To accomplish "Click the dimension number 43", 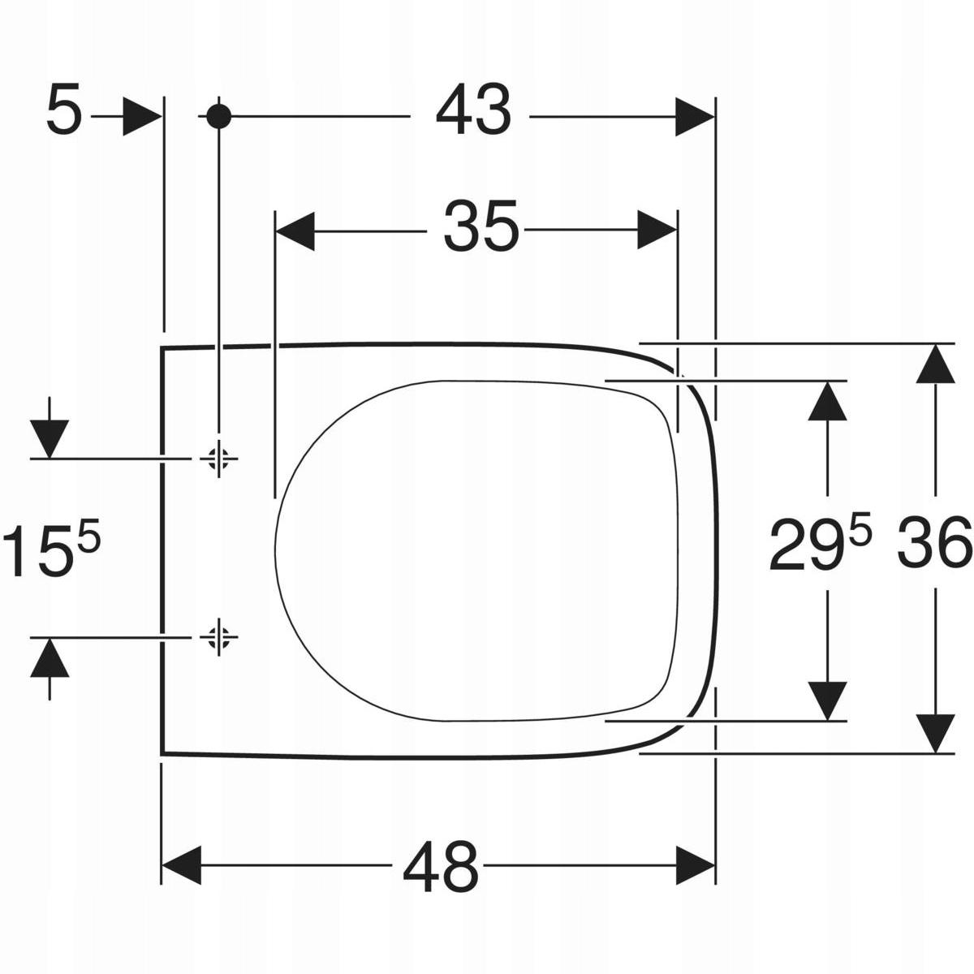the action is [x=473, y=116].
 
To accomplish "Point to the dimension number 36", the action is [x=935, y=542].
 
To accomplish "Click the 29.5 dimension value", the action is [x=821, y=543].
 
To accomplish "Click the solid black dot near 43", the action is [x=219, y=117].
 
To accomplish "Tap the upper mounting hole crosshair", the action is [x=218, y=459].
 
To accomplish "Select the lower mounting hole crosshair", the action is [x=218, y=637].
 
